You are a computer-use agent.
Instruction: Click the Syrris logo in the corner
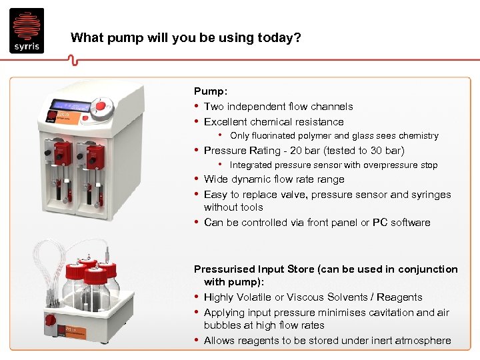tap(27, 31)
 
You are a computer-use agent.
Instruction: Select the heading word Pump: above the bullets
tap(210, 91)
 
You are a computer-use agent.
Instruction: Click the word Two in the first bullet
tap(214, 107)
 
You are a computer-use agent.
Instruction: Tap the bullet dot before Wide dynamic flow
tap(197, 179)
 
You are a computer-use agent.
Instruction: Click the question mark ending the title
tap(297, 38)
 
